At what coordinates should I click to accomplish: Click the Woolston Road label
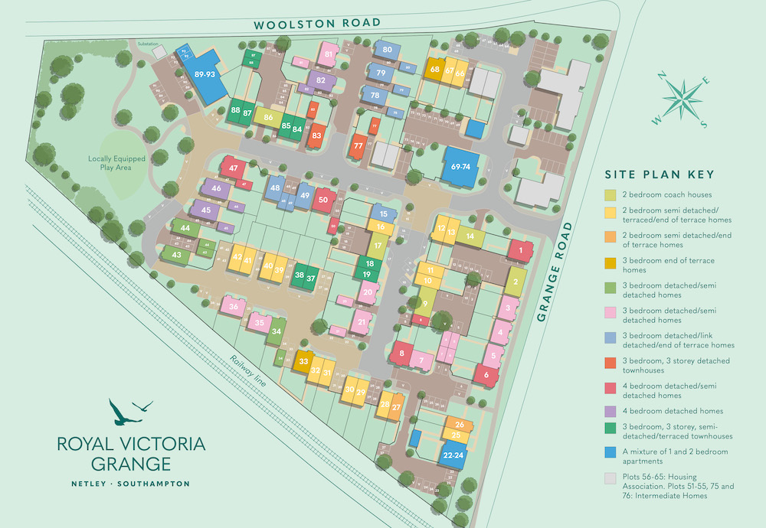click(x=317, y=23)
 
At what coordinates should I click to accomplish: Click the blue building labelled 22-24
click(x=453, y=455)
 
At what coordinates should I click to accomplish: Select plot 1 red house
click(x=521, y=249)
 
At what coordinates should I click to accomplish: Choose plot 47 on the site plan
click(x=234, y=168)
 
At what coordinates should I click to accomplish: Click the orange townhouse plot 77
click(x=358, y=145)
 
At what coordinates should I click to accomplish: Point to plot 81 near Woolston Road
click(x=328, y=54)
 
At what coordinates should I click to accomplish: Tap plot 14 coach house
click(x=470, y=237)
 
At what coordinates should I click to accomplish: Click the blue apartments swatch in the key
click(x=610, y=452)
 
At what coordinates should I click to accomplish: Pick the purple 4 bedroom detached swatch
click(x=610, y=411)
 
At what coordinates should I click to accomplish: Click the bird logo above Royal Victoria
click(x=130, y=411)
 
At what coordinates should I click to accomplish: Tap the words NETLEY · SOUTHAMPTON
click(x=130, y=484)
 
